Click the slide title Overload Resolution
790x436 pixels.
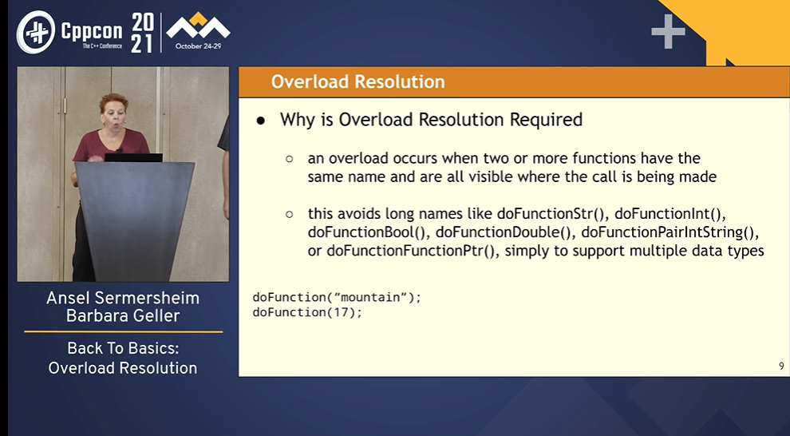[357, 82]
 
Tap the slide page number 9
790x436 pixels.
[781, 366]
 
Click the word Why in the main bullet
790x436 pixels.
[297, 120]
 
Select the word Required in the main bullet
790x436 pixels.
[544, 120]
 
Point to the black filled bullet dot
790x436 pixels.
[260, 121]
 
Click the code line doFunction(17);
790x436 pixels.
[307, 312]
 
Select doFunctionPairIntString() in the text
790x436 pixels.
[669, 232]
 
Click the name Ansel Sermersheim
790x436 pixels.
[123, 298]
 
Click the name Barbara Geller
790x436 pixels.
[123, 316]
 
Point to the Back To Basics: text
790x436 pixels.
[123, 348]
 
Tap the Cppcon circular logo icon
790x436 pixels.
[35, 31]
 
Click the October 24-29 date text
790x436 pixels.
[198, 46]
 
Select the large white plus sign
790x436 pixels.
[668, 31]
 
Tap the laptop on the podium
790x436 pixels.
[133, 157]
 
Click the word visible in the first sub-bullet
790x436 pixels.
[527, 176]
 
